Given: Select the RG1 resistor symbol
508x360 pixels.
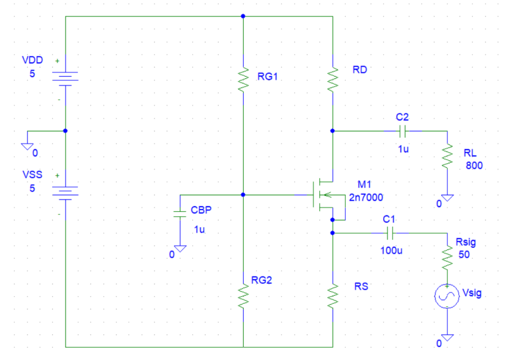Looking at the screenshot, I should (243, 79).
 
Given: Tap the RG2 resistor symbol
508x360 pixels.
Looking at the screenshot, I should (243, 296).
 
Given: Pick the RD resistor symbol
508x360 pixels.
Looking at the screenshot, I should (333, 79).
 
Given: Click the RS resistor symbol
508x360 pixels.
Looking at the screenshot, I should (333, 296).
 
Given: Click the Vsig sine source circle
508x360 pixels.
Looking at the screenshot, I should (447, 297).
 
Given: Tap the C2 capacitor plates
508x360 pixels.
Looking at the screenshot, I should (403, 131).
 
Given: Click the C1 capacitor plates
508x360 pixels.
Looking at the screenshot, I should (389, 233).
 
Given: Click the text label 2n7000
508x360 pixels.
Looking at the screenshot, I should (366, 197).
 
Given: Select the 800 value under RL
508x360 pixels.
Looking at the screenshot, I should (474, 165).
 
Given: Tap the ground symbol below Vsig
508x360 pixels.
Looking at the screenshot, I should (447, 337).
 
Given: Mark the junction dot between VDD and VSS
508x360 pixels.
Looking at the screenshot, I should (66, 131).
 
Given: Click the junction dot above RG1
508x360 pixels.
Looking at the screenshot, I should (243, 17).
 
